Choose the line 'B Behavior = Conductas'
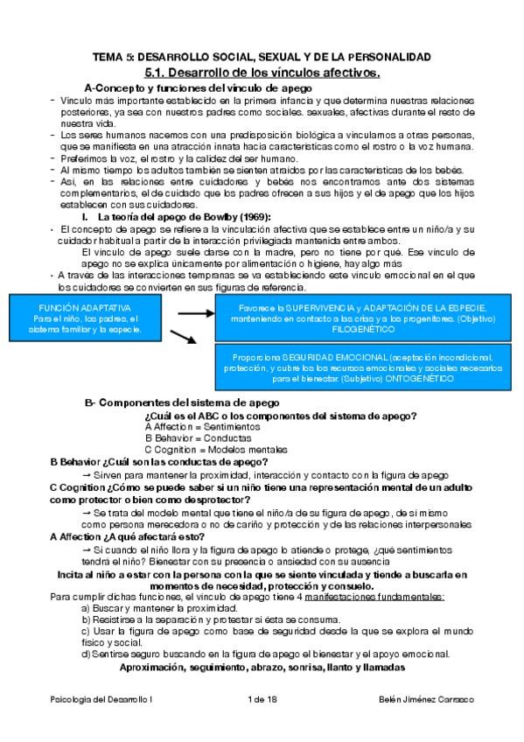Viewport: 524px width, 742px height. coord(193,437)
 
